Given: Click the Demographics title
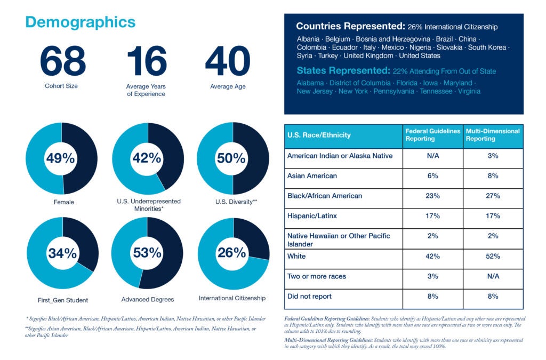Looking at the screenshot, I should [80, 22].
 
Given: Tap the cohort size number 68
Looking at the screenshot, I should [62, 61].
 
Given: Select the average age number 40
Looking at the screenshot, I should [228, 61].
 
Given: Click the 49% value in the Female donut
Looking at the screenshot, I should [62, 158].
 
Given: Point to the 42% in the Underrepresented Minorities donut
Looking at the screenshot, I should [147, 158].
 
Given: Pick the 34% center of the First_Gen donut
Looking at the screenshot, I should [62, 253].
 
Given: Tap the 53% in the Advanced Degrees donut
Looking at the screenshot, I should [147, 253].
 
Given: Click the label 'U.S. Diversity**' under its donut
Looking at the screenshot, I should [232, 201].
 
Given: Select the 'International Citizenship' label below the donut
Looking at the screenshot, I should [232, 298].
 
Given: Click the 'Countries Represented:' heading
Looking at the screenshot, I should [350, 26].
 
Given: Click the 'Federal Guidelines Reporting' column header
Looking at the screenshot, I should [432, 135].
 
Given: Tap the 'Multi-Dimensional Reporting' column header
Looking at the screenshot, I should [493, 135].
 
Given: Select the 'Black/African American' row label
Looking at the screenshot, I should [325, 196].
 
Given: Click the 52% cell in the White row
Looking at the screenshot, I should [493, 257].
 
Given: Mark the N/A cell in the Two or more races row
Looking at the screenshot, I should [493, 276].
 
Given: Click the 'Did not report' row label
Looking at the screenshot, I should [309, 296].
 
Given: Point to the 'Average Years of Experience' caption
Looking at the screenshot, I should [146, 90].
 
